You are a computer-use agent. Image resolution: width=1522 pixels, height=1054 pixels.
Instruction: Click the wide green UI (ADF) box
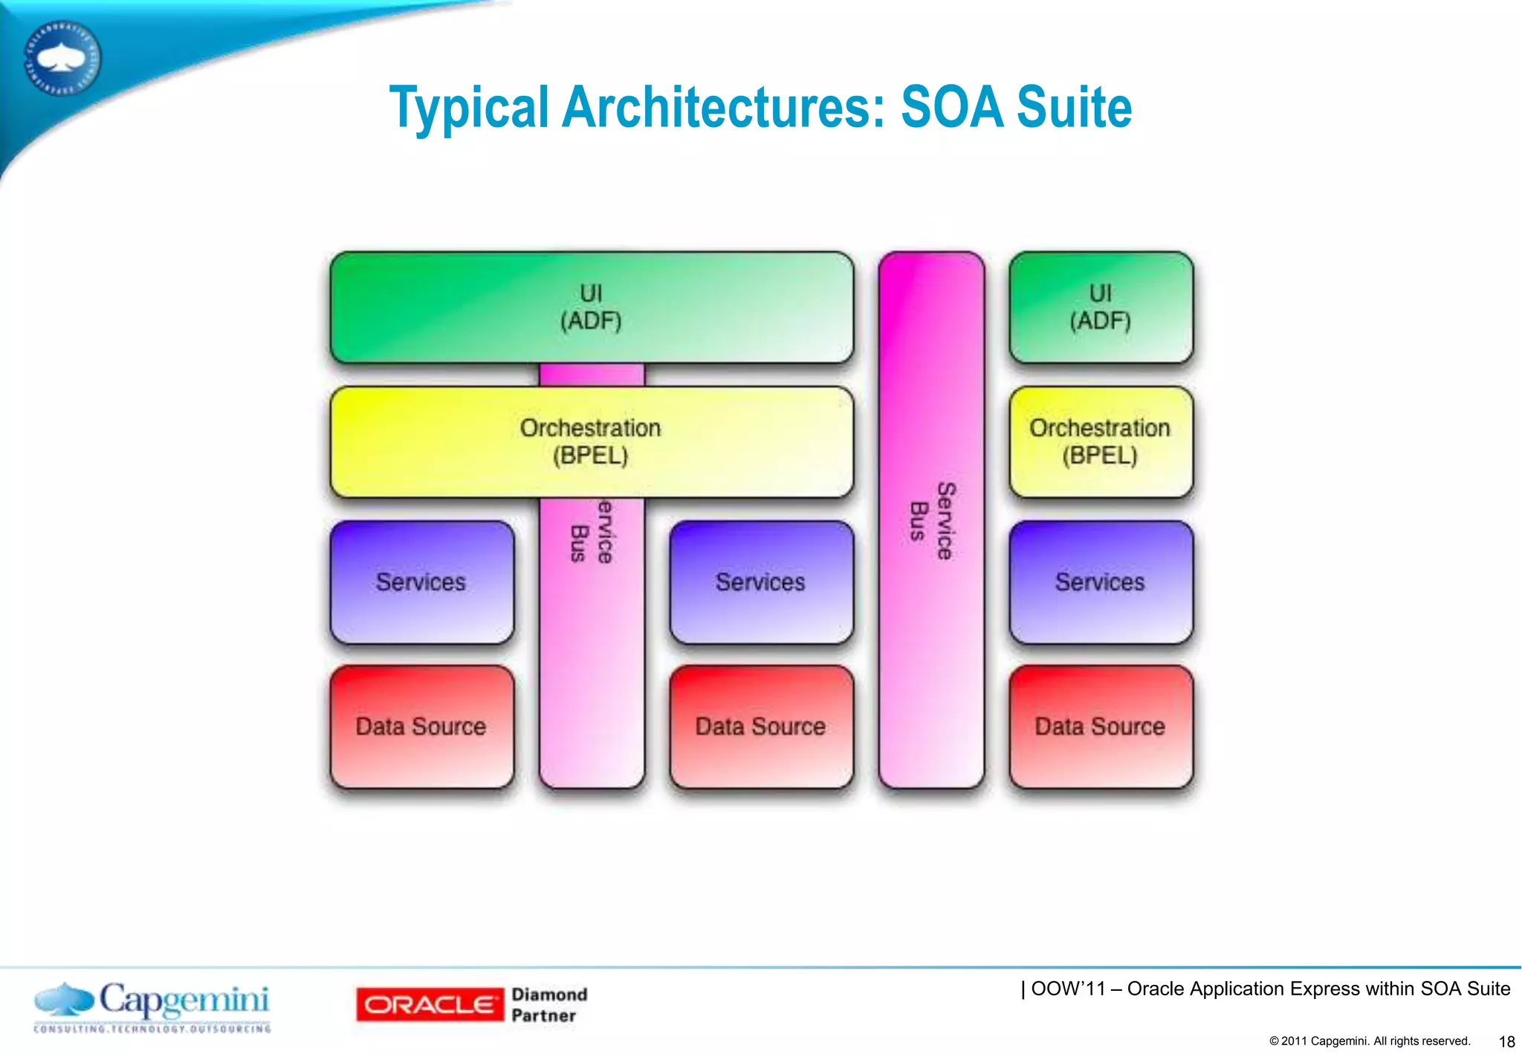592,308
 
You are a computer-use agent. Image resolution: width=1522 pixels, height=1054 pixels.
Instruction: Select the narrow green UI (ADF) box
1101,308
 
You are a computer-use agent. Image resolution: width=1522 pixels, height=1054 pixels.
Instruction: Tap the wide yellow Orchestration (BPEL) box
592,442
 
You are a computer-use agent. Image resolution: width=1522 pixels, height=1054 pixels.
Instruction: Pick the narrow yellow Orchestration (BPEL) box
1101,442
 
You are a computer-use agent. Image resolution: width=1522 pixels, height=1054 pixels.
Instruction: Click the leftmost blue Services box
421,582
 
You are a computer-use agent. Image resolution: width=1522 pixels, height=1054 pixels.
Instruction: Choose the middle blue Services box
761,582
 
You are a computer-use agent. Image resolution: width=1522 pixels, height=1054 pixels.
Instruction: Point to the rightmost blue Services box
1101,582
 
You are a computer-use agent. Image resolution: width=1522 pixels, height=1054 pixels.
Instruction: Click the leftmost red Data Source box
421,726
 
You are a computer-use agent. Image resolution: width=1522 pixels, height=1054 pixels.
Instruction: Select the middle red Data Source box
761,726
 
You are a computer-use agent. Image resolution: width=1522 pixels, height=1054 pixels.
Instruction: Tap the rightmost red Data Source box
1101,726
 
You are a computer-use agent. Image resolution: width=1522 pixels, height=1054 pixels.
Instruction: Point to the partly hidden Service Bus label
592,532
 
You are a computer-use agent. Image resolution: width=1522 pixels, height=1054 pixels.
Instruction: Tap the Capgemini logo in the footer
152,1006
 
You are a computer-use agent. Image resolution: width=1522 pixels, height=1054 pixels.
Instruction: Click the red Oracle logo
429,1005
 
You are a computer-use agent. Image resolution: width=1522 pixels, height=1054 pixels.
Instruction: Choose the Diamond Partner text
549,1005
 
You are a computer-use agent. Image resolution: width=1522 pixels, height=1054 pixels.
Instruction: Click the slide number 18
1506,1041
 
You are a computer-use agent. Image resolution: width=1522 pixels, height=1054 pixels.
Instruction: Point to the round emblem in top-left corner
63,58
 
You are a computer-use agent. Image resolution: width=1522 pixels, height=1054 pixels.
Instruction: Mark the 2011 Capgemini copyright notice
1370,1041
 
